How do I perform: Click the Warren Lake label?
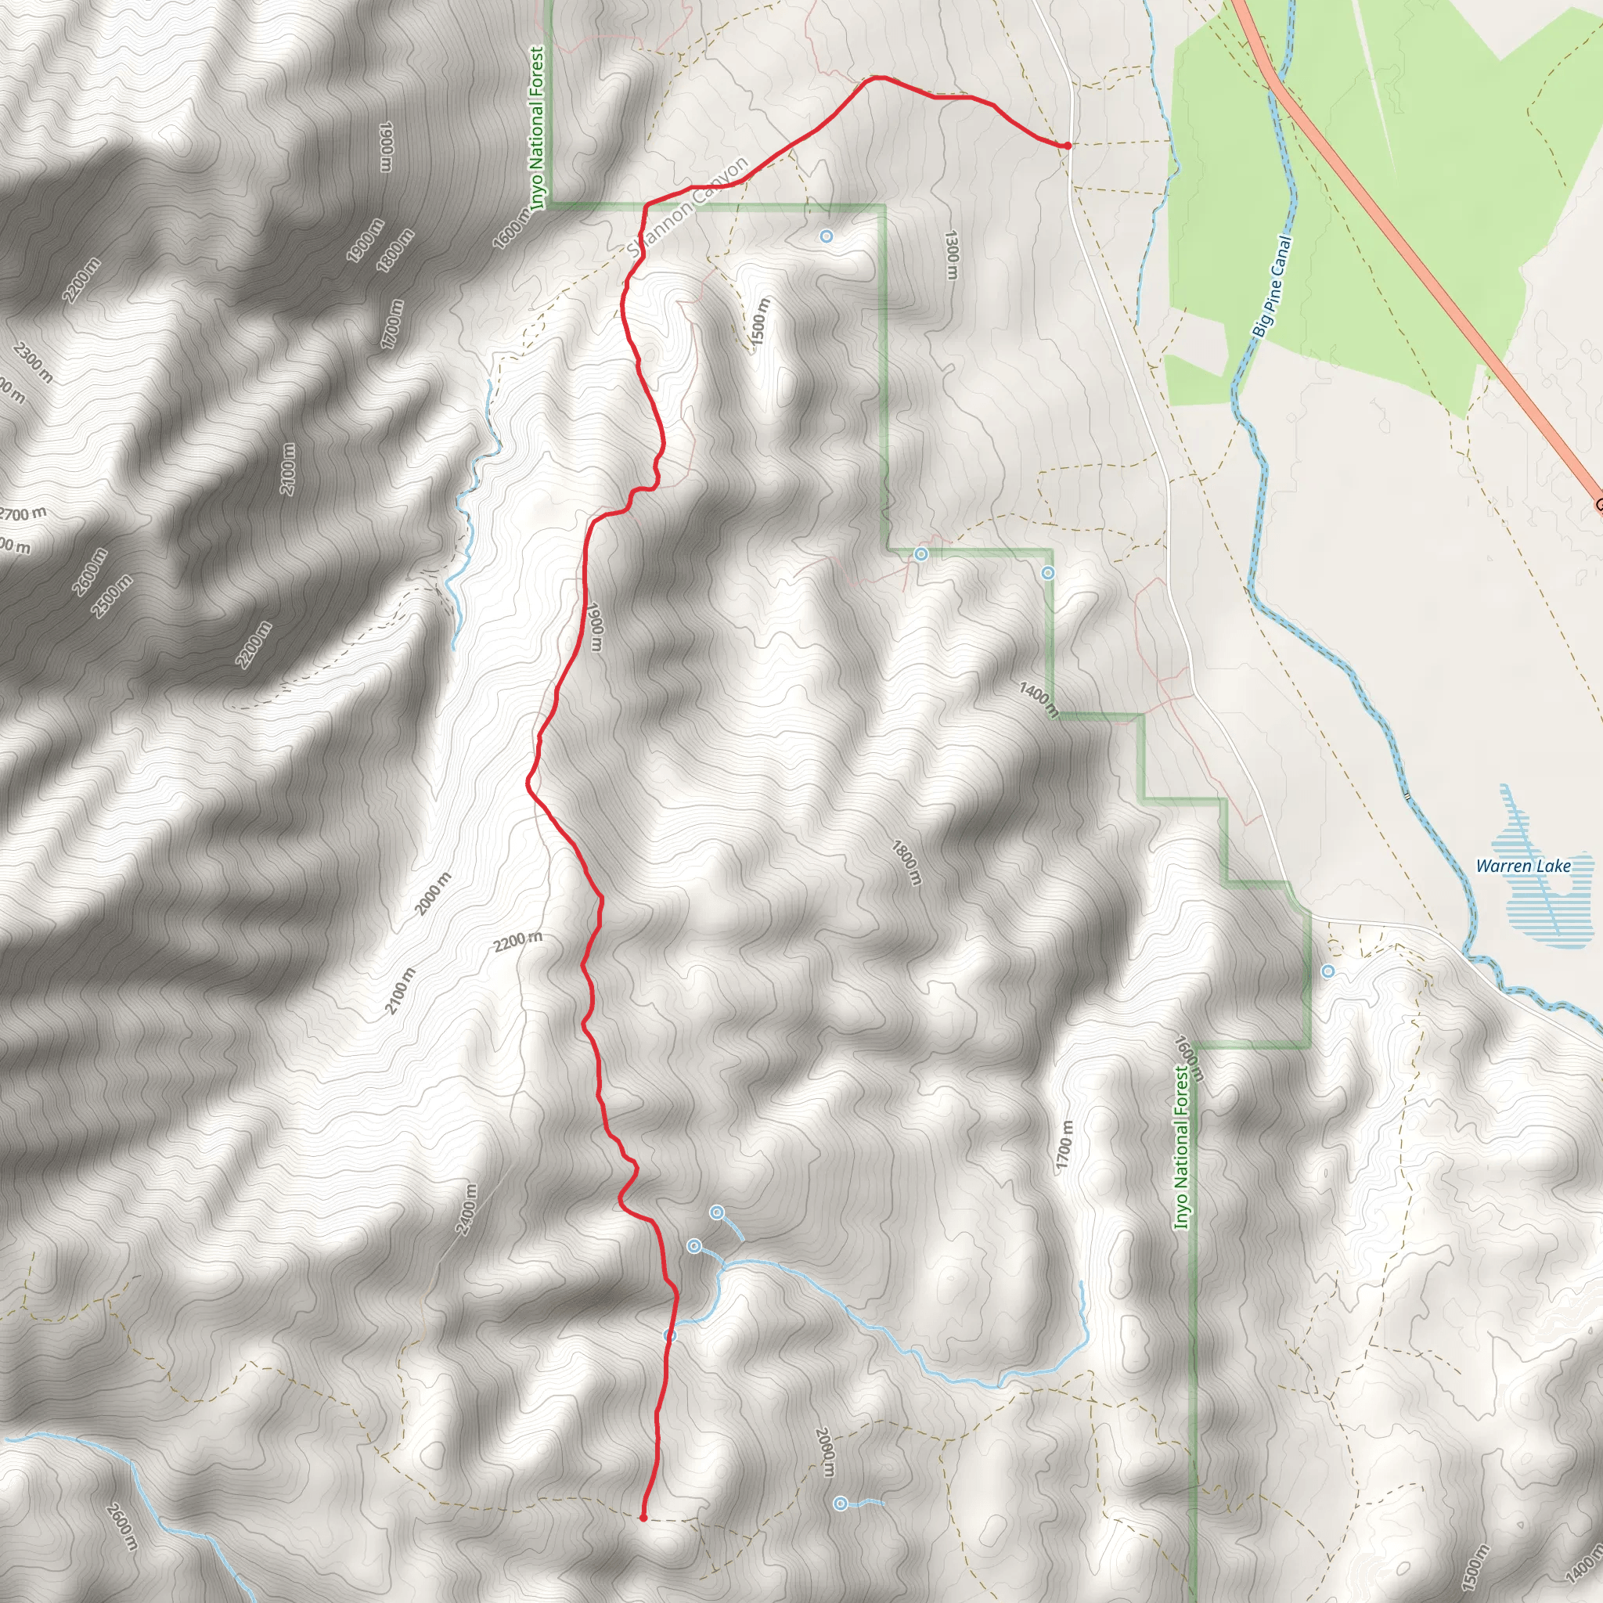point(1522,866)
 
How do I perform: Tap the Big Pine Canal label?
point(1272,287)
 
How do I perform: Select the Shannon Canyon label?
point(688,207)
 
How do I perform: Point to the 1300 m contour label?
point(951,254)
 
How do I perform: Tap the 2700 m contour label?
point(23,514)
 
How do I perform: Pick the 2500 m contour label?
point(112,596)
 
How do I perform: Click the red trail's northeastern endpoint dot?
point(1067,146)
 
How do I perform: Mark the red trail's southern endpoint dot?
point(643,1518)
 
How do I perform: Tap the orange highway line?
point(1410,249)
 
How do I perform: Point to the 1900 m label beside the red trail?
point(594,626)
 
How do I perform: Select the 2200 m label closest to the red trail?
point(517,941)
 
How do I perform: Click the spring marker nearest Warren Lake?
point(1328,971)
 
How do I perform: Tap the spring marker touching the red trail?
point(671,1335)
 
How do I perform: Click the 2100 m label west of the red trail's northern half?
point(287,470)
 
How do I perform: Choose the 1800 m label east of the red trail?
point(906,862)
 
